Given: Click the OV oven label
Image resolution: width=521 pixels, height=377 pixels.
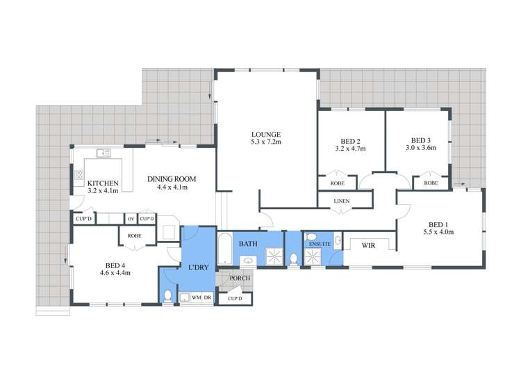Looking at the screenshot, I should pos(131,219).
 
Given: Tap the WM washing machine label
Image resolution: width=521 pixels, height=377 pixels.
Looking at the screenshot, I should pos(196,298).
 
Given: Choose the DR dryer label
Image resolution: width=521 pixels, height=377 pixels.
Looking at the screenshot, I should pos(208,298).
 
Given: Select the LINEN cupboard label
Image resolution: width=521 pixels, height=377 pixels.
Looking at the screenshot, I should pos(341,201).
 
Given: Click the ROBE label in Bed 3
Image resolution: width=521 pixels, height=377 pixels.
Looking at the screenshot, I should pos(431,183).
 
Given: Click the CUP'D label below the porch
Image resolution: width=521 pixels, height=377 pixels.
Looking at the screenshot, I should pos(235,299).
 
